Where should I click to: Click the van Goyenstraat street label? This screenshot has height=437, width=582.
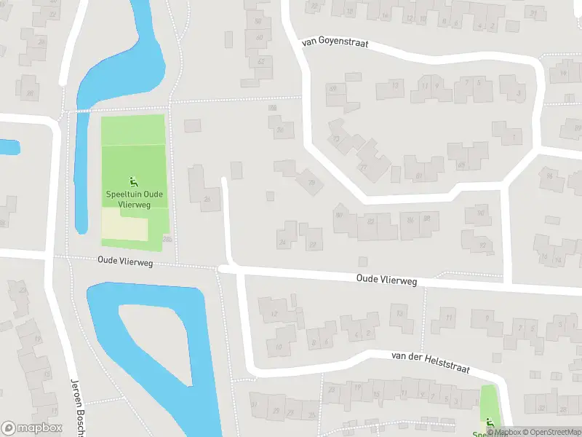[335, 44]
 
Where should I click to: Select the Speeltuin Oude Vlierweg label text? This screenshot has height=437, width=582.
[133, 199]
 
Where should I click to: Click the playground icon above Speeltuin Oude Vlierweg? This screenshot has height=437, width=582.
[133, 181]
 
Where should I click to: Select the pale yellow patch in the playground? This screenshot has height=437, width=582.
[124, 226]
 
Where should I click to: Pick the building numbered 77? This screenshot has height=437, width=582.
[364, 166]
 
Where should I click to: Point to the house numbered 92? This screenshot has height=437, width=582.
[482, 245]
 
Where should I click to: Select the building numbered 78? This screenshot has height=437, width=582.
[311, 181]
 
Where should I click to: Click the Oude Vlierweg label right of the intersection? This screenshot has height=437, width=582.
[386, 280]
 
